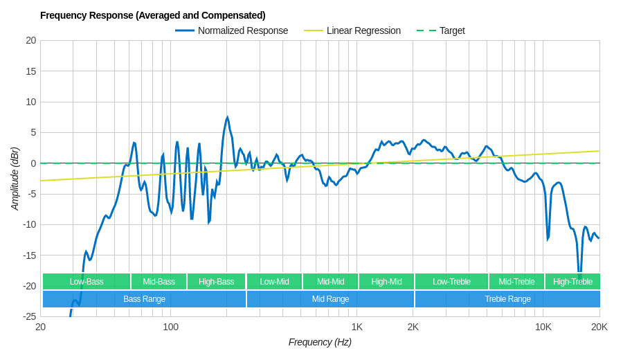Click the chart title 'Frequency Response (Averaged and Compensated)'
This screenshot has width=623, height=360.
click(152, 15)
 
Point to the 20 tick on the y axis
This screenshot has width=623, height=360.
click(31, 40)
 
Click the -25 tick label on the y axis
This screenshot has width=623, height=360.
click(29, 316)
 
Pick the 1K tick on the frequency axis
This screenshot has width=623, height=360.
click(356, 327)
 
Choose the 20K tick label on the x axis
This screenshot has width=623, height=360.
click(599, 327)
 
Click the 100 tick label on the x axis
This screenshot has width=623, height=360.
click(170, 327)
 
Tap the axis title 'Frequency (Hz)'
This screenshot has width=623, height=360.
click(320, 342)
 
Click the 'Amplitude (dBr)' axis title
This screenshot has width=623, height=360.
click(15, 179)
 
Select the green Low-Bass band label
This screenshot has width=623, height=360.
click(87, 282)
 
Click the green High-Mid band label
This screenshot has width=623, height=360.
click(386, 282)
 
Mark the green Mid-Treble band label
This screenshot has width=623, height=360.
click(516, 282)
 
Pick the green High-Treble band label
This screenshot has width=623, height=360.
click(572, 282)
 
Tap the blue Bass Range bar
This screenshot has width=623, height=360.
click(144, 299)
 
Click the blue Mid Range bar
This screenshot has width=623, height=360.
click(330, 299)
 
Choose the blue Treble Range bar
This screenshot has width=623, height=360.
click(507, 299)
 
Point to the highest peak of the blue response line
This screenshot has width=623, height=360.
click(227, 118)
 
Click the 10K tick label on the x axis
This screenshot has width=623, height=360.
click(543, 327)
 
